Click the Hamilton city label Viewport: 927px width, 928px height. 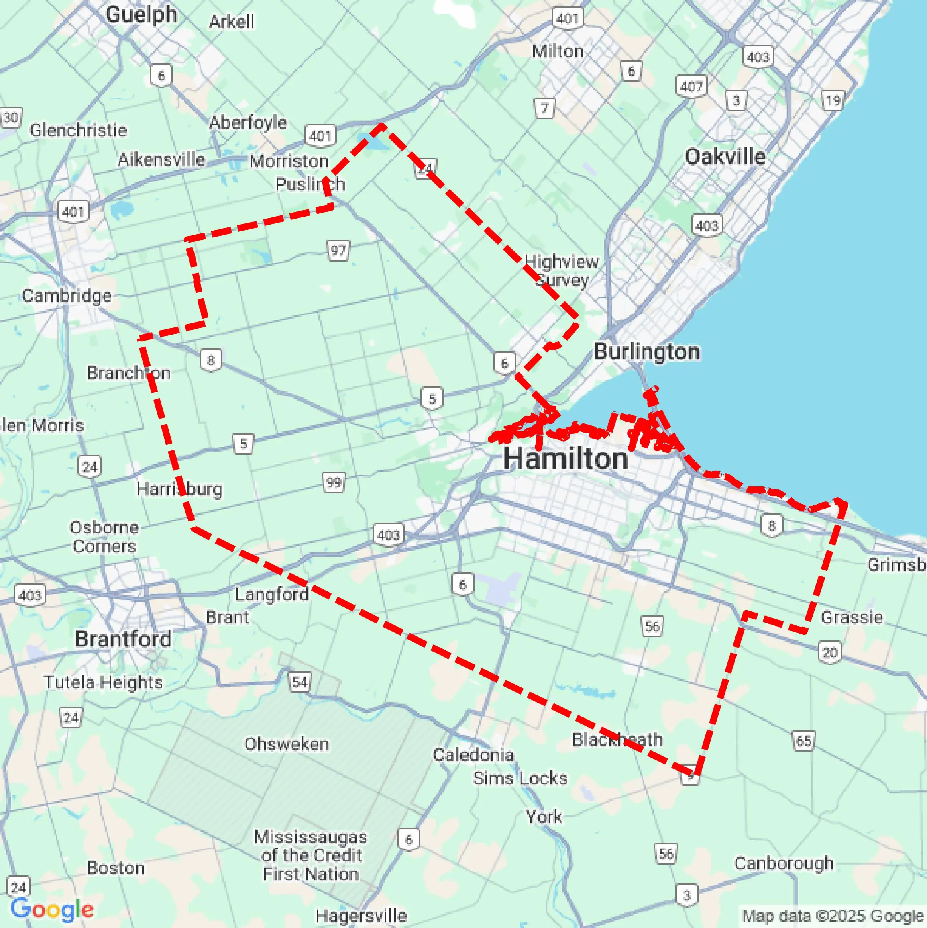click(x=566, y=459)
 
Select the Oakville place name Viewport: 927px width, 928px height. click(x=725, y=157)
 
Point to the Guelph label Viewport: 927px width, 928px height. click(x=141, y=14)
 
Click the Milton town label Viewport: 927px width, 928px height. click(x=557, y=51)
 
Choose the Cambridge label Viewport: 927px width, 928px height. click(x=67, y=295)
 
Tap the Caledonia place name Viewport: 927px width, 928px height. click(x=473, y=754)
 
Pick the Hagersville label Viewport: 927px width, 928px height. click(x=361, y=916)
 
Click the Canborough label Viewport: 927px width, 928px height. click(x=784, y=863)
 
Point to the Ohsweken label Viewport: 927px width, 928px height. click(x=287, y=744)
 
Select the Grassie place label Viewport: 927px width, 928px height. click(x=852, y=617)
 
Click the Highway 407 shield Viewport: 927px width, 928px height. click(x=691, y=86)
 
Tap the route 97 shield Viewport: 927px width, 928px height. click(x=338, y=250)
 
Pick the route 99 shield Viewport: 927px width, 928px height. click(x=334, y=482)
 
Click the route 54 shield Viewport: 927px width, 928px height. click(x=300, y=682)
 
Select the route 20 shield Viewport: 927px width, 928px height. click(x=830, y=652)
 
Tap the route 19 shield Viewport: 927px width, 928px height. click(x=832, y=101)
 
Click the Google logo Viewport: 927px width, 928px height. click(x=52, y=909)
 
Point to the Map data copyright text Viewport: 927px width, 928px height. click(x=833, y=916)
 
